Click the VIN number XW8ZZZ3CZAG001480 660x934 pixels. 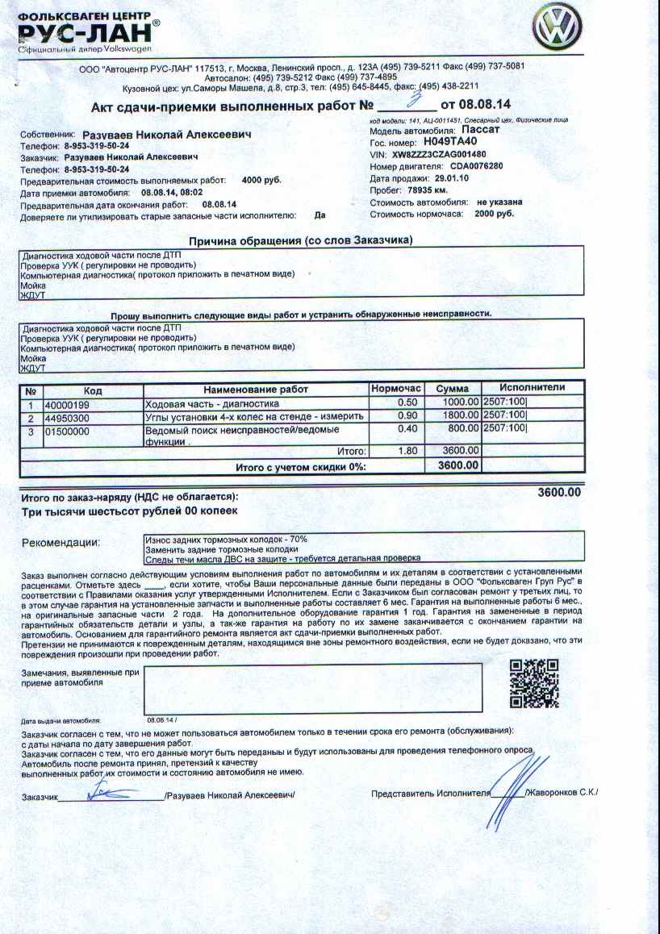pos(439,154)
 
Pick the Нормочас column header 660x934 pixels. pos(397,389)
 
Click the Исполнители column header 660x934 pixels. pos(532,388)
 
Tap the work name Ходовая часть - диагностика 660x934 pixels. pos(211,403)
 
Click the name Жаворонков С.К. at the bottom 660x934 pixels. pos(562,793)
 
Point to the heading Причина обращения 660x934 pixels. pos(300,241)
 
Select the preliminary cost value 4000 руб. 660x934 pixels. pos(261,180)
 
